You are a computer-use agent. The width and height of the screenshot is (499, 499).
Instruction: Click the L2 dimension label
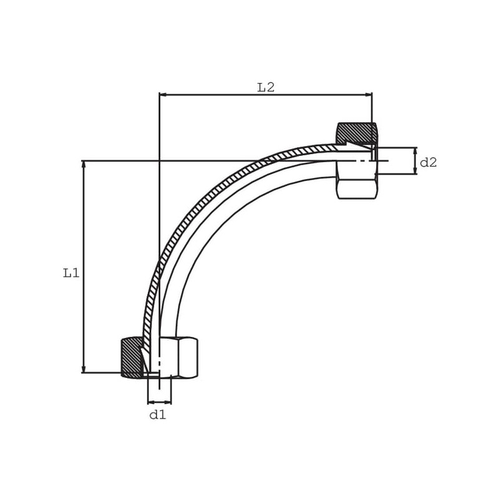coord(266,87)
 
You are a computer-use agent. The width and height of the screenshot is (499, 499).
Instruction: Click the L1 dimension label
coord(71,273)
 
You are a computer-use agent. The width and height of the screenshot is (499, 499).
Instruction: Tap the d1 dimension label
coord(158,415)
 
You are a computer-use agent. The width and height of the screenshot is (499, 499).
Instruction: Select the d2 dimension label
coord(429,163)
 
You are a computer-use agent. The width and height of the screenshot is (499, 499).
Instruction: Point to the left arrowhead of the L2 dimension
coord(163,95)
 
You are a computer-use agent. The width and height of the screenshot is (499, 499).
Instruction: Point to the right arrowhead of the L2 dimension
coord(368,95)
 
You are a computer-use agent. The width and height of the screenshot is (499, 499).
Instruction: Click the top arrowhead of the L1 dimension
coord(84,165)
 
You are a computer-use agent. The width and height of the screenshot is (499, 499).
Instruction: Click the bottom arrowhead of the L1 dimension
coord(84,369)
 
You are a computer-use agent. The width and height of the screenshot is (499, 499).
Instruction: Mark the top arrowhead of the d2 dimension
coord(415,152)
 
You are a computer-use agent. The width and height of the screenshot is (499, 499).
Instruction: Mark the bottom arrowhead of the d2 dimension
coord(415,170)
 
